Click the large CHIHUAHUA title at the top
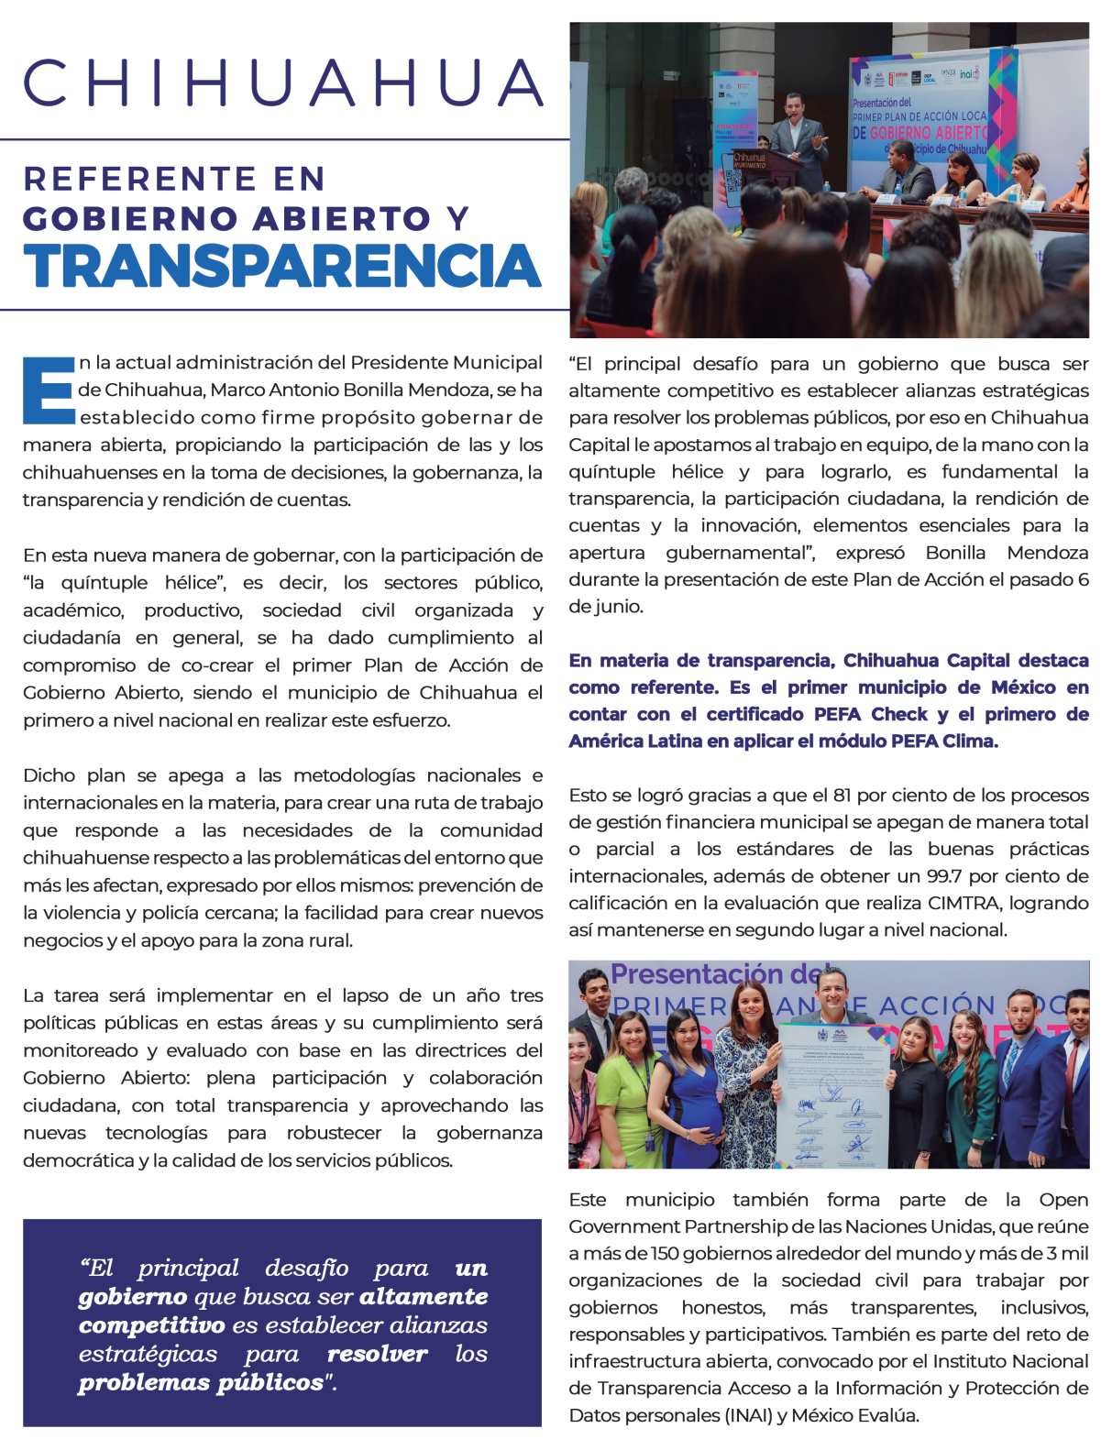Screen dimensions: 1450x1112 284,82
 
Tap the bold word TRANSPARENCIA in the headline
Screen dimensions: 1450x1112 282,266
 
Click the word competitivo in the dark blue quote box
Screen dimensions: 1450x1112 152,1325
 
